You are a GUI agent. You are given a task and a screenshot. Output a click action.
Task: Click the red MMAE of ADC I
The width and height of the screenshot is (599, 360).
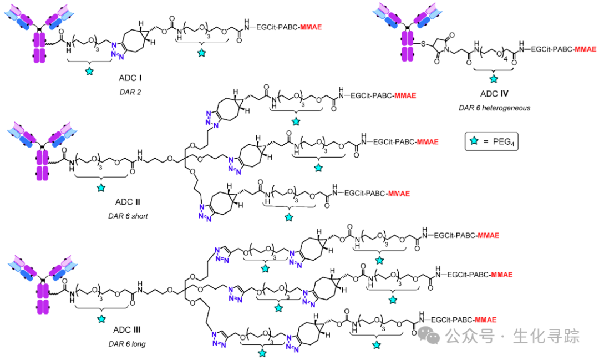pyautogui.click(x=311, y=27)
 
